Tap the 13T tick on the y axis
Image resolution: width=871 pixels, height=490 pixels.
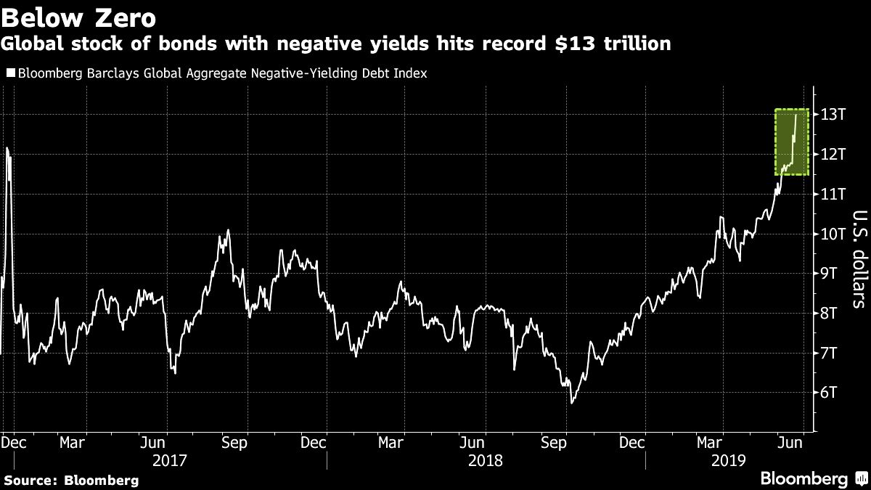click(833, 115)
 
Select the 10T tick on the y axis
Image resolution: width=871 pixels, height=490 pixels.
click(833, 234)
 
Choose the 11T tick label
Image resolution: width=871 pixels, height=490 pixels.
click(833, 194)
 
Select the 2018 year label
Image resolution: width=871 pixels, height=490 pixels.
click(486, 460)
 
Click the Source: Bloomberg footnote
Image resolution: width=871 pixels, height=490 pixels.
click(70, 480)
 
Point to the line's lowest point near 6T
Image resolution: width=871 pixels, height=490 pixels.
click(572, 402)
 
